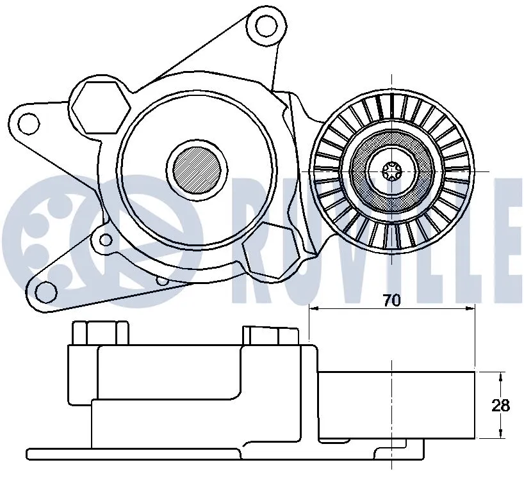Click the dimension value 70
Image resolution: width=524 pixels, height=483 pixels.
coord(391,300)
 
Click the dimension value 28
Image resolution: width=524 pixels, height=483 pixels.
coord(501,405)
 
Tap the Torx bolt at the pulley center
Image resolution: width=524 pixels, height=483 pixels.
coord(390,171)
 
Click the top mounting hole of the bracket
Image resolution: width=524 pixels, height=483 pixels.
coord(264,26)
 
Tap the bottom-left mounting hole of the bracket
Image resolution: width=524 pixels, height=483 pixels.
coord(45,292)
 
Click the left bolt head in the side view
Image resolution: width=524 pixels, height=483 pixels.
coord(99,333)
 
